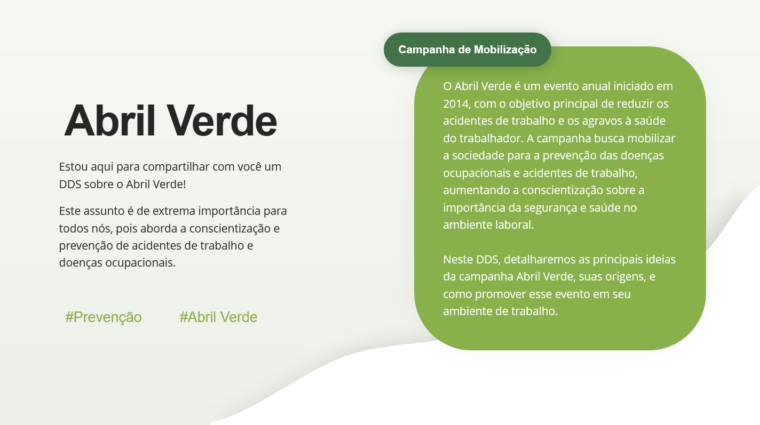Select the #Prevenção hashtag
tap(104, 317)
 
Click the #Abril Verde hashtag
tap(218, 317)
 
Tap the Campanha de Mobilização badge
tap(467, 50)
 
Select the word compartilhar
tap(176, 166)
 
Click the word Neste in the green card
tap(457, 260)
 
